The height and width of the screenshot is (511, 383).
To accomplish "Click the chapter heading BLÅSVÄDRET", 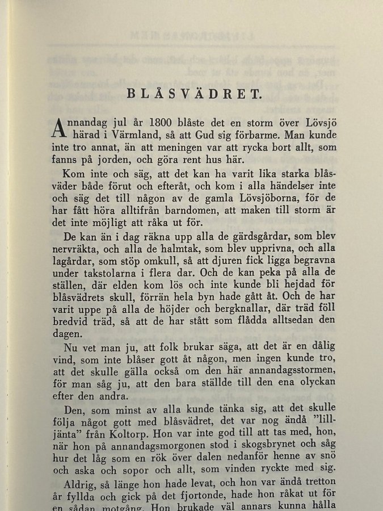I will [x=193, y=94].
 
